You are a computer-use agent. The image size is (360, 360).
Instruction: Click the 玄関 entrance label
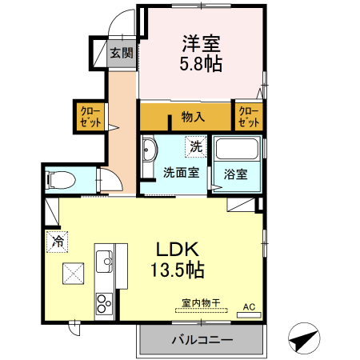(x=122, y=54)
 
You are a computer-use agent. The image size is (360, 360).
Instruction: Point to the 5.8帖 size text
(x=201, y=62)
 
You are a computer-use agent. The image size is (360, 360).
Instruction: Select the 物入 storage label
(x=193, y=117)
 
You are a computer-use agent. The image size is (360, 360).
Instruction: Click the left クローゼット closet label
(x=88, y=117)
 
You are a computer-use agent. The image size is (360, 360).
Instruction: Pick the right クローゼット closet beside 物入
(x=249, y=117)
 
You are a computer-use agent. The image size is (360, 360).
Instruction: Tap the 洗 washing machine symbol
(x=196, y=146)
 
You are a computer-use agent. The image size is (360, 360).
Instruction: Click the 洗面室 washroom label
(x=182, y=171)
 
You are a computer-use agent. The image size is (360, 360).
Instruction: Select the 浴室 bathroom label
(x=236, y=172)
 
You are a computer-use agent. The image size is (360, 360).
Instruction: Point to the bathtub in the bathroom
(x=238, y=150)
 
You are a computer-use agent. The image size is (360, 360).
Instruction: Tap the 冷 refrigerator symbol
(x=57, y=240)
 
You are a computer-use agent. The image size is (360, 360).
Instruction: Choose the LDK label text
(x=187, y=249)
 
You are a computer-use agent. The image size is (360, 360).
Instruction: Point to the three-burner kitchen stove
(x=105, y=304)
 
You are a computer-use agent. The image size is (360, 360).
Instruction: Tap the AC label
(x=248, y=306)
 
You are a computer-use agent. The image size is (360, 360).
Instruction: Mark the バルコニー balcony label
(x=202, y=340)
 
